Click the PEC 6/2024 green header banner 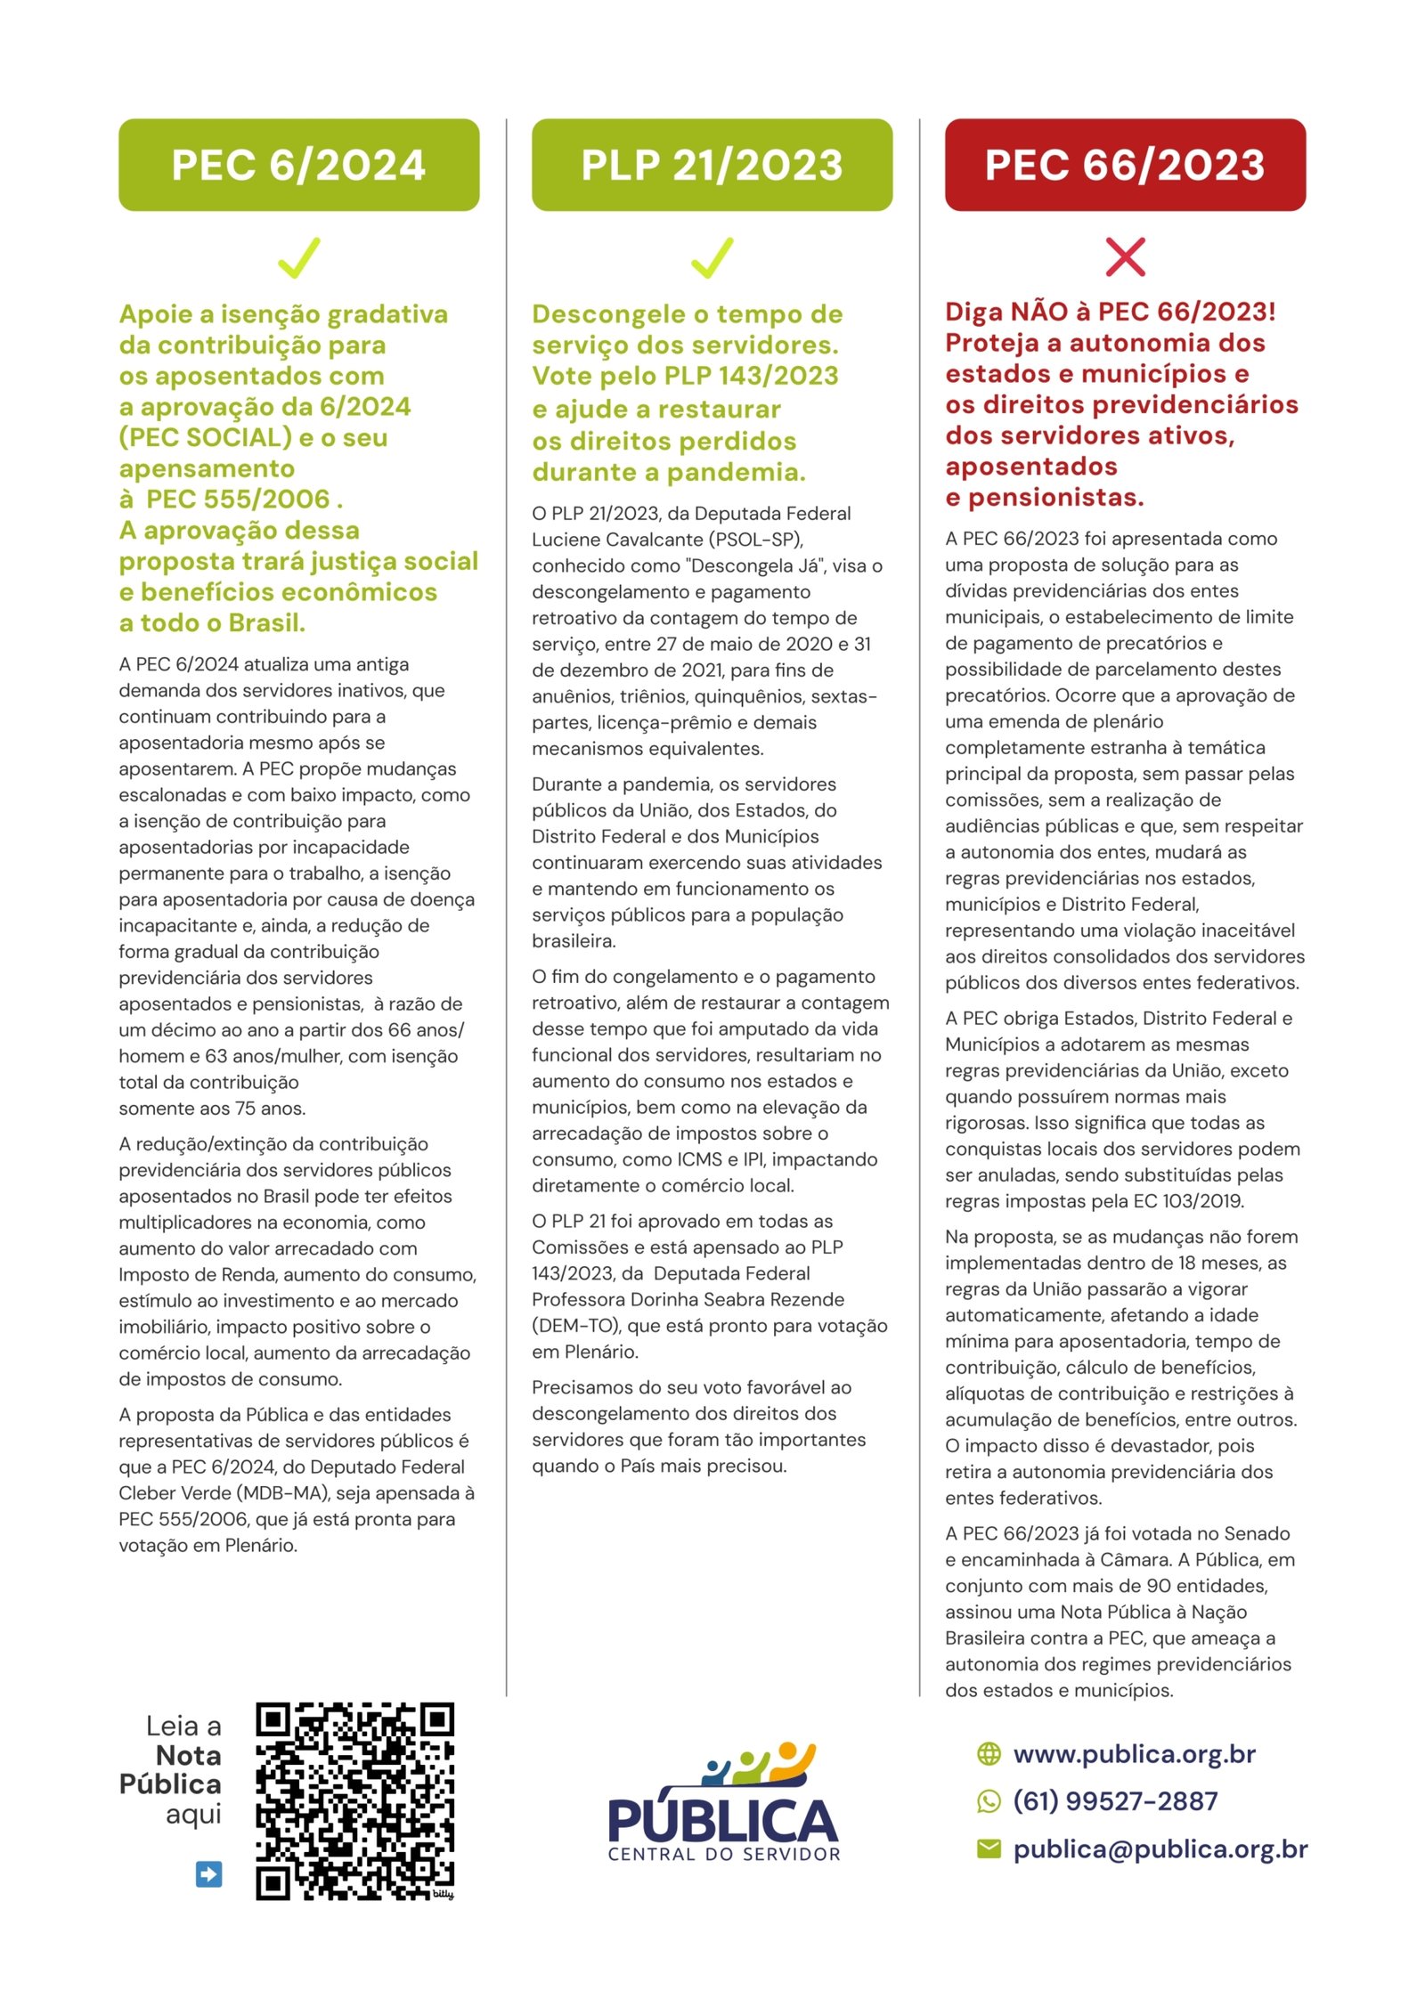click(298, 165)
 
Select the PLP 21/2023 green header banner click(712, 165)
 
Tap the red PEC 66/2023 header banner click(1125, 165)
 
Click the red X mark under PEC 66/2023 click(1125, 257)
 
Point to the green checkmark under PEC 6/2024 click(298, 257)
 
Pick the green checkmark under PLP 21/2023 click(712, 257)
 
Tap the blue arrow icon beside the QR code click(208, 1874)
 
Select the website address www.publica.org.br click(1134, 1754)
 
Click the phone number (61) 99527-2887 click(1115, 1801)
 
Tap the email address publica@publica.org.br click(1160, 1849)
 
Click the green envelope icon click(989, 1849)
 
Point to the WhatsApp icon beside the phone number click(989, 1801)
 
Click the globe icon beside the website click(989, 1754)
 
